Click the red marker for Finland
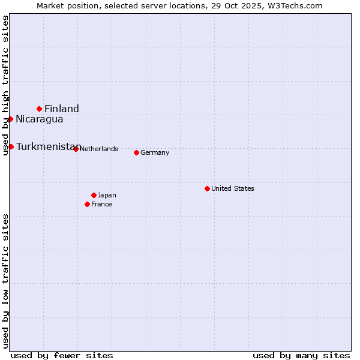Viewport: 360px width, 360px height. coord(40,109)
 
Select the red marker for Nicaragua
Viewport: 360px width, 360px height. coord(10,119)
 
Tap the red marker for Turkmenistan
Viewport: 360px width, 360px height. coord(11,146)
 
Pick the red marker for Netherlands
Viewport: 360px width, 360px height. coord(76,149)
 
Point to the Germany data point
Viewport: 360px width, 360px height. coord(136,152)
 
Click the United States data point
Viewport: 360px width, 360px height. coord(207,188)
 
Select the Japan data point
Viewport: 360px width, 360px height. coord(94,195)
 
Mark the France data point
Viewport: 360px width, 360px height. coord(88,204)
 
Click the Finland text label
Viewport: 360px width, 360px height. coord(62,109)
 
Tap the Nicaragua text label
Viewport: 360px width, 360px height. coord(40,119)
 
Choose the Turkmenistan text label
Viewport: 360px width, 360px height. coord(48,147)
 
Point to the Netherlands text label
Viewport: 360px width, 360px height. coord(98,149)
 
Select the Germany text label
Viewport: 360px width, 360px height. coord(155,152)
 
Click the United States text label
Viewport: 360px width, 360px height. coord(233,188)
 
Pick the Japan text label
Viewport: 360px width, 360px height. coord(107,195)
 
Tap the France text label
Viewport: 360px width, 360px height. coord(101,204)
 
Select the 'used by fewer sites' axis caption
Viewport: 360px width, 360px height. coord(62,355)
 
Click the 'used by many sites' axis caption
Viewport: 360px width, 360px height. coord(301,355)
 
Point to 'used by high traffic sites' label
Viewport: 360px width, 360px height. coord(5,86)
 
